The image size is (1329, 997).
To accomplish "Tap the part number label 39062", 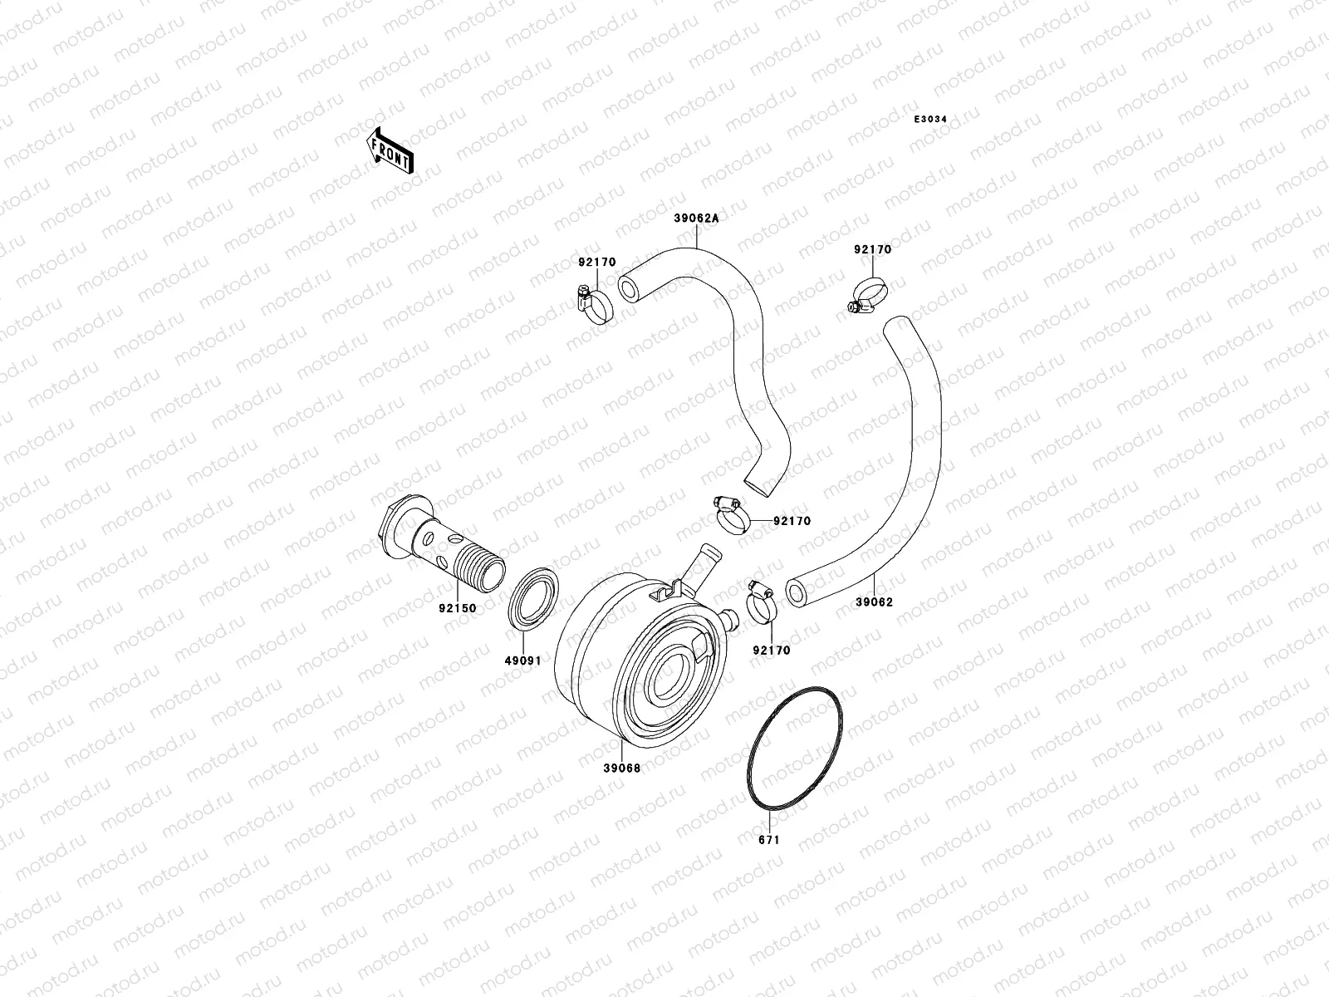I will coord(874,602).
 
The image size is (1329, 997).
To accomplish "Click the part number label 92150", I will coord(458,608).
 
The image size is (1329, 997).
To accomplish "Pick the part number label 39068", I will coord(621,768).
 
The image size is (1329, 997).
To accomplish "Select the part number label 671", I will coord(769,840).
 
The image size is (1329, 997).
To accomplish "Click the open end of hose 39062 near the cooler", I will coord(797,593).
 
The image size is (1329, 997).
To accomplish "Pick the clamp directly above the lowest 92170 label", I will coord(761,602).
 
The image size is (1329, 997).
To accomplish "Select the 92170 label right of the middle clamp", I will coord(792,522).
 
